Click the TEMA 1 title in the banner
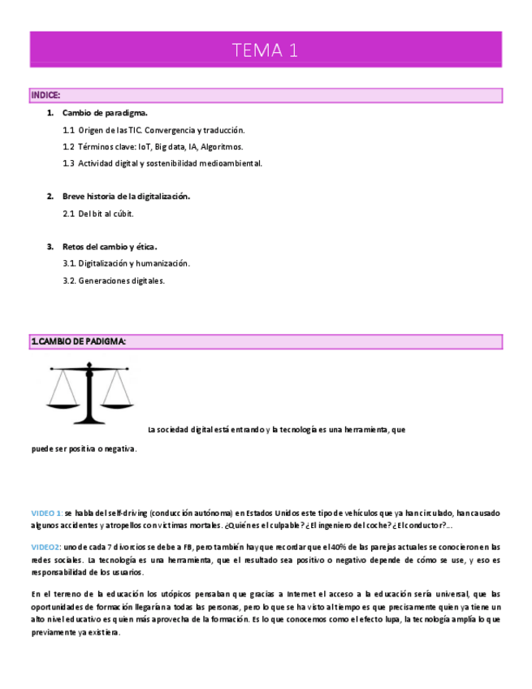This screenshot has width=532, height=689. [266, 50]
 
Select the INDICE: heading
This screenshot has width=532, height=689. [45, 96]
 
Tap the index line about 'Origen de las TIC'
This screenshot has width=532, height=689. [154, 130]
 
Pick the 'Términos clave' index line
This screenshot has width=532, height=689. [153, 147]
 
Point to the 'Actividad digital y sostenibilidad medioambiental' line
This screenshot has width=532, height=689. [162, 163]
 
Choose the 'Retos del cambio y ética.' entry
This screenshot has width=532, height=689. [110, 247]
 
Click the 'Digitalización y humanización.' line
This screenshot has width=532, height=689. [126, 263]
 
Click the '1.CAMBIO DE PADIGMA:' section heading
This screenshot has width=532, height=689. [78, 342]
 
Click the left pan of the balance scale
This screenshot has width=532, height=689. [63, 403]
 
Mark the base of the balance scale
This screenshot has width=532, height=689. [90, 420]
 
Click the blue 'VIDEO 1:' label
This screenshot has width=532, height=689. [46, 513]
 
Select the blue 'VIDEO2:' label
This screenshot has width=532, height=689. [45, 548]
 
